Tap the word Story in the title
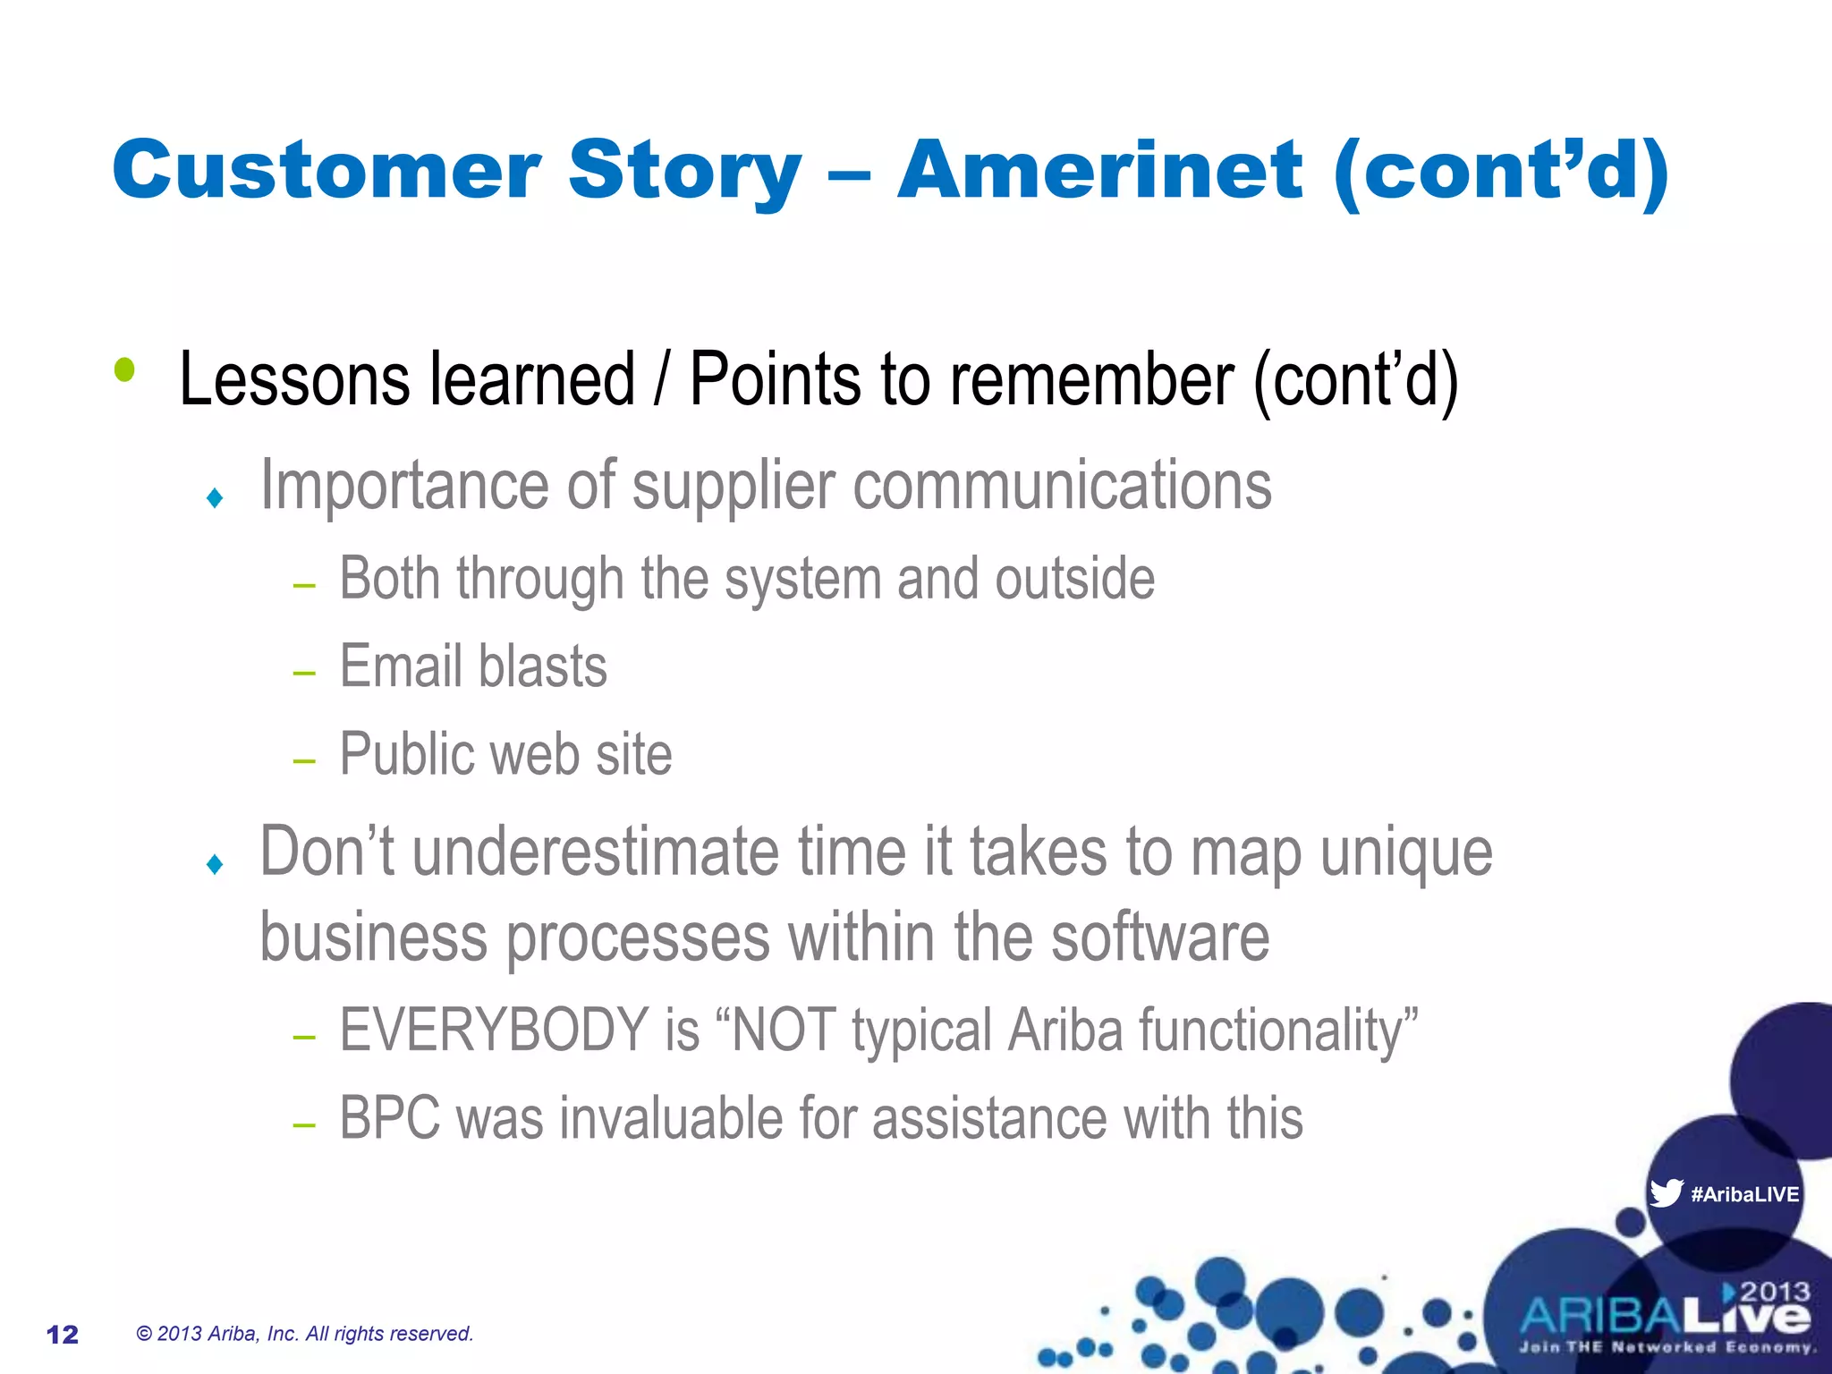(x=684, y=172)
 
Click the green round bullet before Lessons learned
(x=124, y=369)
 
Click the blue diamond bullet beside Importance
(x=215, y=497)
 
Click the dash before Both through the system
(x=304, y=586)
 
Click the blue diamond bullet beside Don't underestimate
(x=215, y=864)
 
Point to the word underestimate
(x=596, y=852)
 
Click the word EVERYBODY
(x=494, y=1030)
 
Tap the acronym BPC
(x=390, y=1118)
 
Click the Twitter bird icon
(x=1666, y=1193)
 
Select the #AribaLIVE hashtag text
(x=1744, y=1194)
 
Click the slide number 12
(x=63, y=1335)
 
